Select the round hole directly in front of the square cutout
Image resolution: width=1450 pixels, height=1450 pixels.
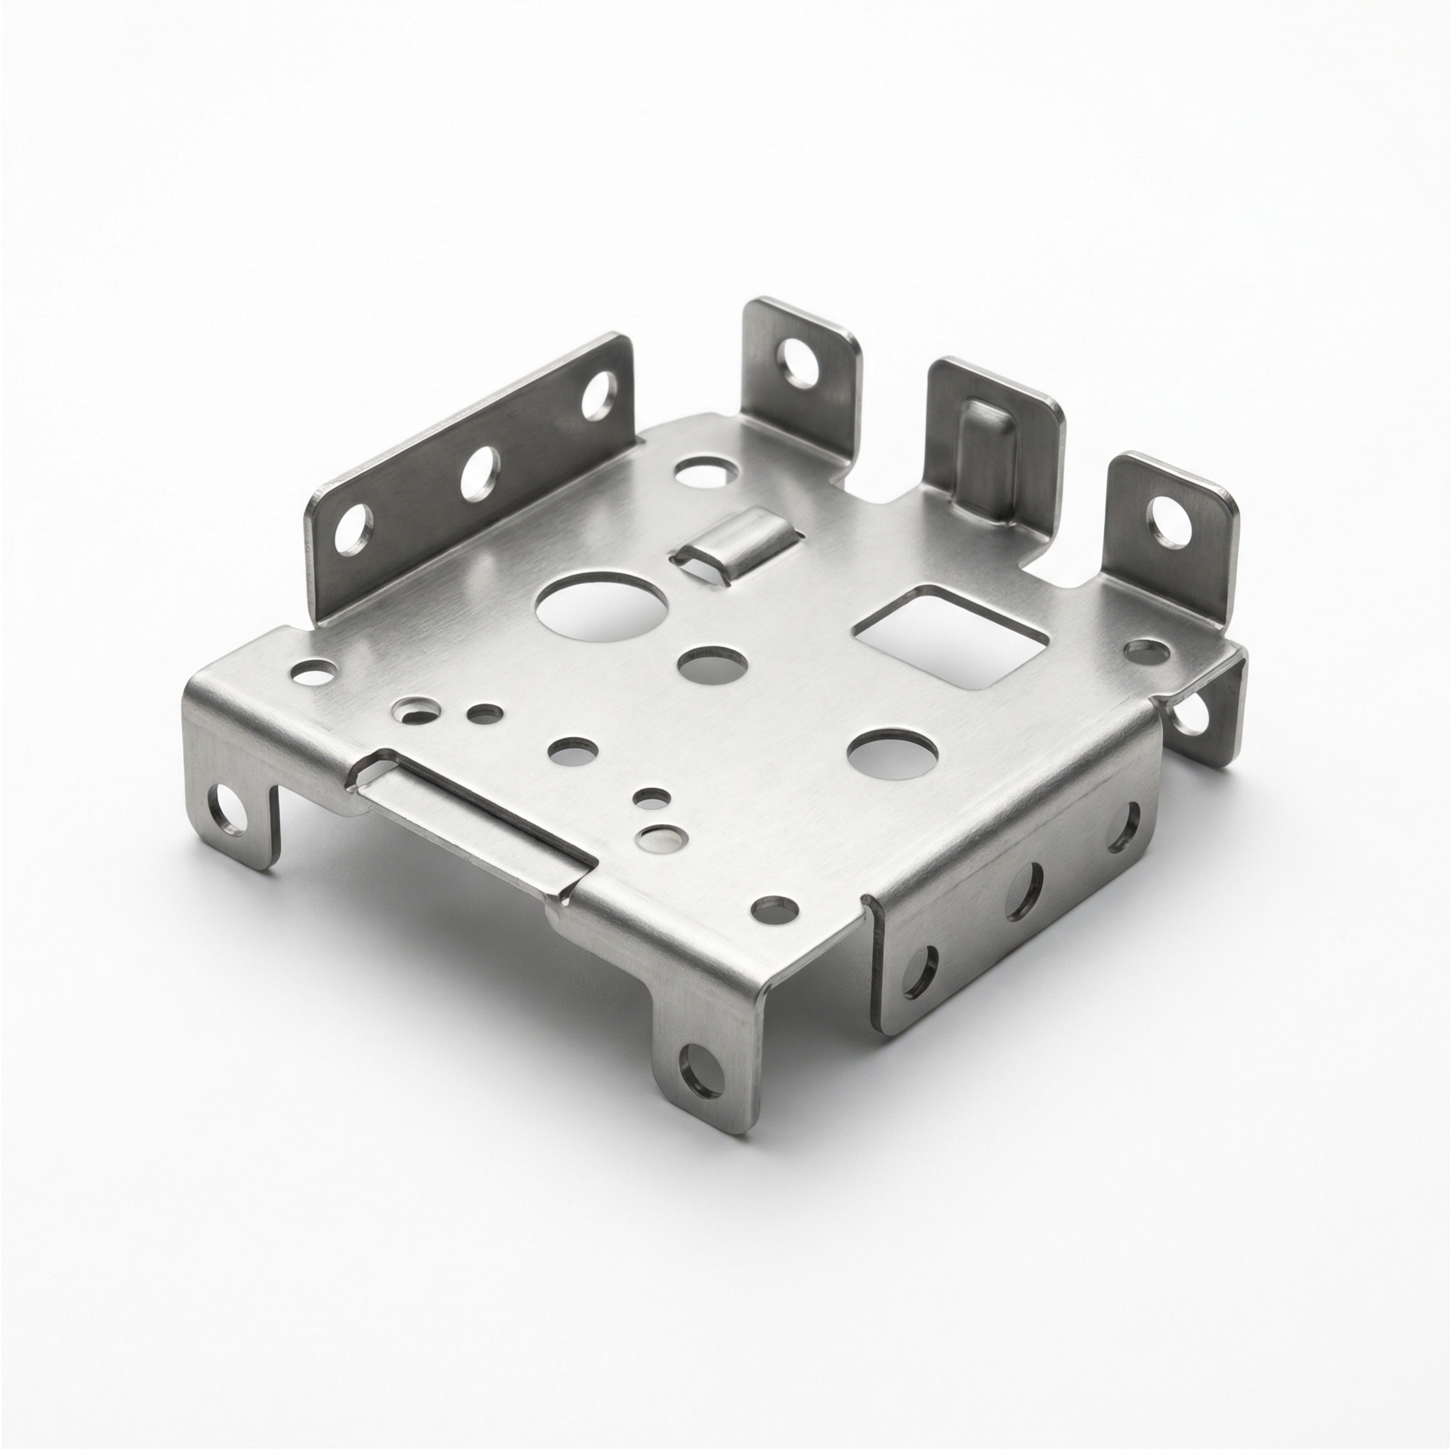[893, 754]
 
